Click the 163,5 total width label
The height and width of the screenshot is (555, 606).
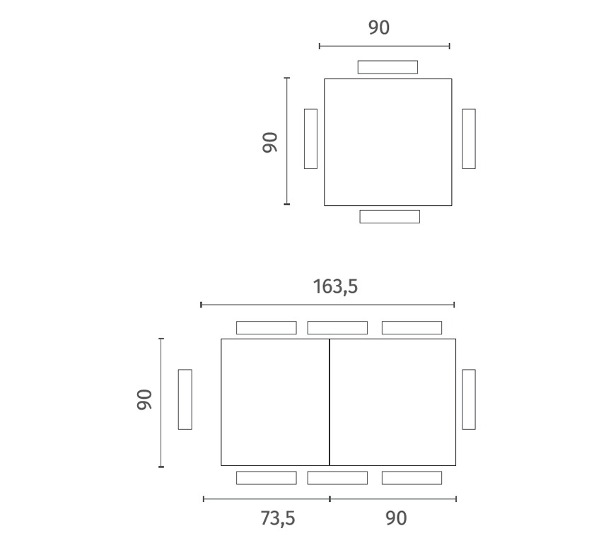click(x=335, y=287)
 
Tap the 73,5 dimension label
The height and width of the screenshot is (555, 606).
click(x=278, y=518)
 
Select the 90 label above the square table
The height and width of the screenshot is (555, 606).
click(x=379, y=28)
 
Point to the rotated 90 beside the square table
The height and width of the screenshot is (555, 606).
click(x=269, y=142)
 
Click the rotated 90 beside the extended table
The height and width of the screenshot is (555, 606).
click(x=144, y=399)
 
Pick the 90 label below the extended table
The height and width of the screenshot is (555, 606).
click(x=396, y=518)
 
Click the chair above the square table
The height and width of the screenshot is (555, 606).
click(x=388, y=67)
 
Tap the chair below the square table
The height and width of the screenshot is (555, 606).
click(x=390, y=216)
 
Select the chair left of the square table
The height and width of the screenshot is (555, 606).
click(x=310, y=139)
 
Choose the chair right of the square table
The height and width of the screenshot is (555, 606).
click(x=469, y=139)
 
